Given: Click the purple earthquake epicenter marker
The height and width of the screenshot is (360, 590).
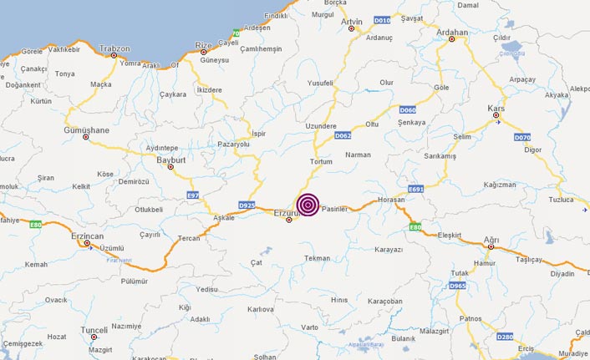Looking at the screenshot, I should point(308,205).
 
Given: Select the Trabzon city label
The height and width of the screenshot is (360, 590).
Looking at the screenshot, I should point(114,48).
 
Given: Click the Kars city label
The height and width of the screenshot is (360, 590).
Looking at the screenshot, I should point(496,109).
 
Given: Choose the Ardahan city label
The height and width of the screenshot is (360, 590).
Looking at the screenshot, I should point(452,32).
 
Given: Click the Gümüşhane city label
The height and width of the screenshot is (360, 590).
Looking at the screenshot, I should point(87,130).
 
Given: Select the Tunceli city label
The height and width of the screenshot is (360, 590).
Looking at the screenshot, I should point(94,330).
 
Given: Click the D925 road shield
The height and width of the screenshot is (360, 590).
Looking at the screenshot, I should point(247,205).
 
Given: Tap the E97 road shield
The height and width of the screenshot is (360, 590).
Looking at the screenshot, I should point(194,195).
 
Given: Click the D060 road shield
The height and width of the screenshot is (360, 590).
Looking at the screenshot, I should point(408,109).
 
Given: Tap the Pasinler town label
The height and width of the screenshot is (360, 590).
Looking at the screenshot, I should point(333,210).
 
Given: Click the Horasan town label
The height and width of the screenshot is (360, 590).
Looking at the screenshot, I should point(390,200).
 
